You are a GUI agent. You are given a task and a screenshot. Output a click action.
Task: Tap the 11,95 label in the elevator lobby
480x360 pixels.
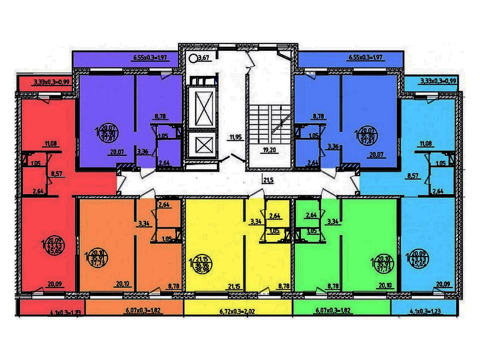point(235,137)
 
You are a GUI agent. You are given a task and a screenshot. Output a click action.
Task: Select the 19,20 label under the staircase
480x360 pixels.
point(270,150)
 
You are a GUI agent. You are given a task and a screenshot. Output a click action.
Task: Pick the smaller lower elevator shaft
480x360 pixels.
point(202,145)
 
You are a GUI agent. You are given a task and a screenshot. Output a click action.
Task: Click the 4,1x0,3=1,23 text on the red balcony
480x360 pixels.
point(65,313)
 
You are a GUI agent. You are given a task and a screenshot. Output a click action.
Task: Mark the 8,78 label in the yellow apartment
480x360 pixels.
point(284,286)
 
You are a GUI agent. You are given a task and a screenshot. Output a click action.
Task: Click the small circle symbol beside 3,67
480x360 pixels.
point(193,58)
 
